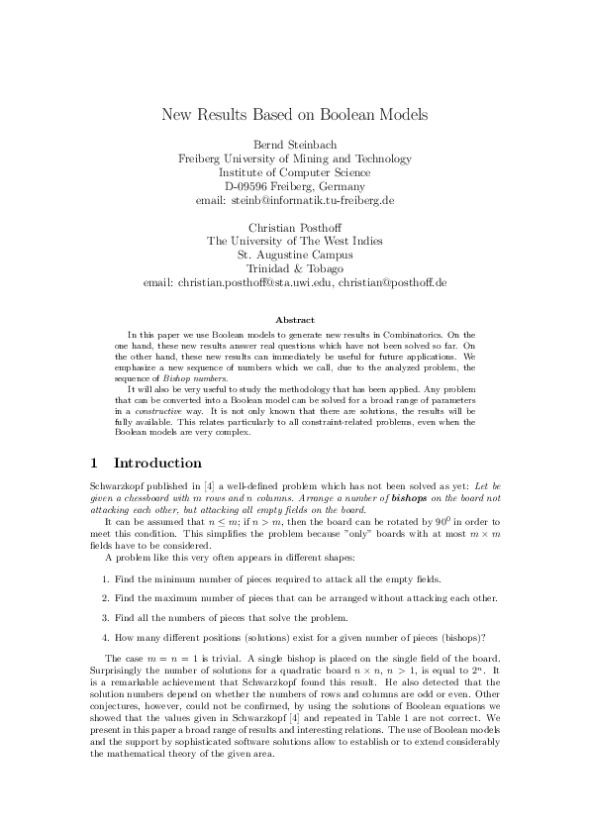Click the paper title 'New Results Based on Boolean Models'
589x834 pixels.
coord(294,115)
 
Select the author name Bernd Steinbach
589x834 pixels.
coord(294,145)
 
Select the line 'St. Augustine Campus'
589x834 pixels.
coord(294,255)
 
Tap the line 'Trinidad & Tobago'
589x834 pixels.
coord(294,268)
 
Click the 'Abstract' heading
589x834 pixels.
coord(294,320)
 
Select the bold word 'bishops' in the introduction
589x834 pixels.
coord(409,500)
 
